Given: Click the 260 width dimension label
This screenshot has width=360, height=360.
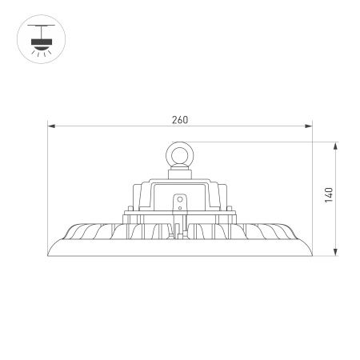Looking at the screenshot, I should (x=179, y=120).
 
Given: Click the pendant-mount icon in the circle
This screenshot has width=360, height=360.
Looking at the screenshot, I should (x=38, y=37).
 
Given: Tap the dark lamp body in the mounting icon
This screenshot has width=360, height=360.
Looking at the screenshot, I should (x=38, y=41).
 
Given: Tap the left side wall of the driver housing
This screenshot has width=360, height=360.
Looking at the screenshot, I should (x=133, y=196).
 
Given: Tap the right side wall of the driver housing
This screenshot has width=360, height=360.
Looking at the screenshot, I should (x=226, y=196).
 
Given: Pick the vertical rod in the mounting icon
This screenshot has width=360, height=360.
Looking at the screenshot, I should (x=38, y=33).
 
